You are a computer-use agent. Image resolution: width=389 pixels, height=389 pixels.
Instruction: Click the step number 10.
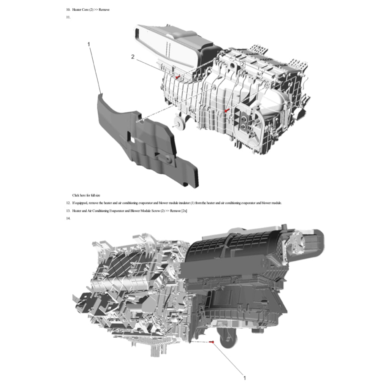68,9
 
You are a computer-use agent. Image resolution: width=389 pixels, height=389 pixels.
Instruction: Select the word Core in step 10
85,9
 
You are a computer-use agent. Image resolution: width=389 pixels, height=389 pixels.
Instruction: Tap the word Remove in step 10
104,9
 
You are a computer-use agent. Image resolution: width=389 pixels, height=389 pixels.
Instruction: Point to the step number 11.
68,17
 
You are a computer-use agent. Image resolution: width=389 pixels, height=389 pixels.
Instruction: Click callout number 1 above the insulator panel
89,44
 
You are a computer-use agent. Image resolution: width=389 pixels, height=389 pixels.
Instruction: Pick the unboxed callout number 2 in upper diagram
133,57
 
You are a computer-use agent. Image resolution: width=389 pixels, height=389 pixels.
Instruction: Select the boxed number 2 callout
242,65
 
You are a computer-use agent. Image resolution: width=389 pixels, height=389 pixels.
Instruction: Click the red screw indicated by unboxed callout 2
178,77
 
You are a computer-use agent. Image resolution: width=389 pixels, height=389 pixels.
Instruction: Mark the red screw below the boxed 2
226,111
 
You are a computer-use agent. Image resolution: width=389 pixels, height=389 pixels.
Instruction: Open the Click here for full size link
86,195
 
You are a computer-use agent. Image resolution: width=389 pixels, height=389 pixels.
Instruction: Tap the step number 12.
68,203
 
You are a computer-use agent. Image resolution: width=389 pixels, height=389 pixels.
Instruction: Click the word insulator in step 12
184,203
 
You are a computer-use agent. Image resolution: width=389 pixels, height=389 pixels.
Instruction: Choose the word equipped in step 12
81,203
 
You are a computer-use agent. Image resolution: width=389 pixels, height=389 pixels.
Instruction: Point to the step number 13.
68,211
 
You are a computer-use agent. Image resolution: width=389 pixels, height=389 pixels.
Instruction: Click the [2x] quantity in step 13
184,211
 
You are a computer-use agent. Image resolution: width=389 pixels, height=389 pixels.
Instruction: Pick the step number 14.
68,218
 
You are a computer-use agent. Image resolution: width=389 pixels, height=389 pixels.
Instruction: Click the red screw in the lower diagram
212,342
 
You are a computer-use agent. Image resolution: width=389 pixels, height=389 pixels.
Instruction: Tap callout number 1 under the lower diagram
244,378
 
